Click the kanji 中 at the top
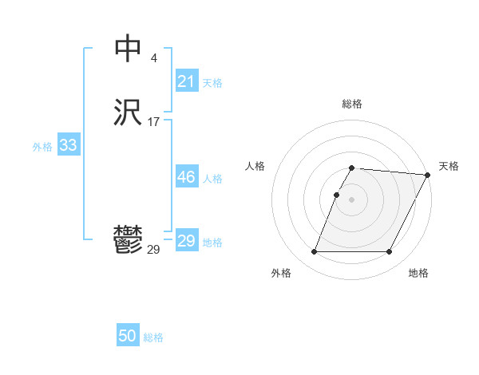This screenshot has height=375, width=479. [x=128, y=49]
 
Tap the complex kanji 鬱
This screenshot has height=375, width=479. [x=128, y=240]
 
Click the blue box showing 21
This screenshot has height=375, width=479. [x=186, y=81]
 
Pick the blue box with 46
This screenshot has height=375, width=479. [x=186, y=177]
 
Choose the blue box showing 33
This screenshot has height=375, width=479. [x=68, y=145]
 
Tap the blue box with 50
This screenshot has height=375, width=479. [x=128, y=336]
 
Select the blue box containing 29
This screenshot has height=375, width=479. [x=186, y=241]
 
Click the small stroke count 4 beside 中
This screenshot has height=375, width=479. [x=153, y=58]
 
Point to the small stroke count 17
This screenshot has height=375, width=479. [x=153, y=122]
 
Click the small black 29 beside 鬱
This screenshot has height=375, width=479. [x=153, y=250]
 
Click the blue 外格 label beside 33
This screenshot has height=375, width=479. [x=42, y=146]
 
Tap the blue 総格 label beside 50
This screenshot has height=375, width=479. [x=153, y=337]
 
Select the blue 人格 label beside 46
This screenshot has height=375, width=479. [x=212, y=179]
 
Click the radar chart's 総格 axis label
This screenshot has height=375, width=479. [x=351, y=104]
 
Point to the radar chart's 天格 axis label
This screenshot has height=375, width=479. [x=449, y=166]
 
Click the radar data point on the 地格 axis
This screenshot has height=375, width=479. [x=390, y=252]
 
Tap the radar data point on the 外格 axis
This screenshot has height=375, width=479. [x=314, y=252]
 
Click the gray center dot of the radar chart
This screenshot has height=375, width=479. [x=352, y=199]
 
